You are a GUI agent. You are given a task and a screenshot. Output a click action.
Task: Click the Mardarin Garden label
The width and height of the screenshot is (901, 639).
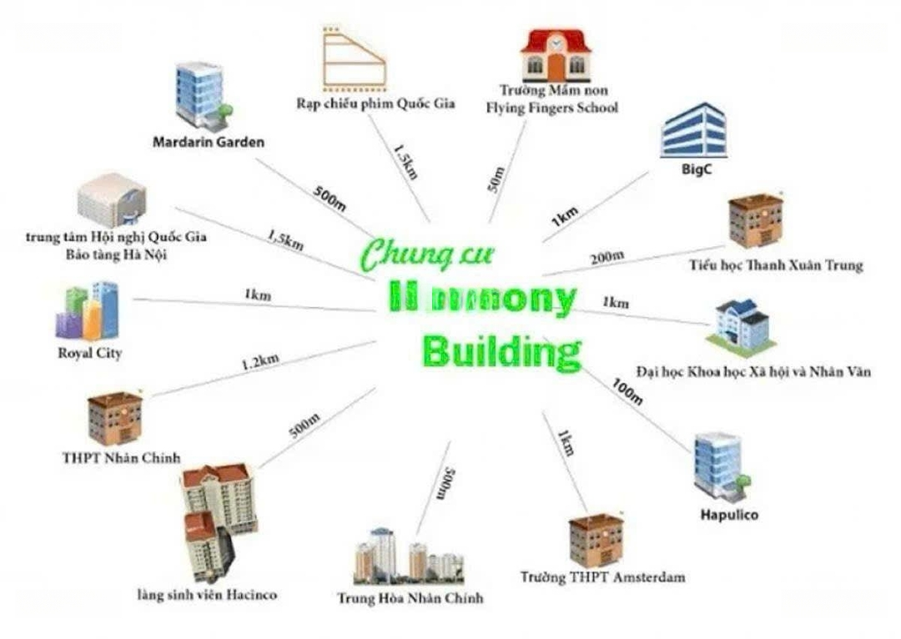pyautogui.click(x=209, y=142)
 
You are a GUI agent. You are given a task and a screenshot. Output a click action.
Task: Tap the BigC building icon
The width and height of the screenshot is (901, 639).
pyautogui.click(x=693, y=131)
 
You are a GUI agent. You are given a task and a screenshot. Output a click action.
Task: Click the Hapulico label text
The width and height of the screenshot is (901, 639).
pyautogui.click(x=728, y=515)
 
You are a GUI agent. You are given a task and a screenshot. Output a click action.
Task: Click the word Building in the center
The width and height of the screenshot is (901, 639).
pyautogui.click(x=501, y=351)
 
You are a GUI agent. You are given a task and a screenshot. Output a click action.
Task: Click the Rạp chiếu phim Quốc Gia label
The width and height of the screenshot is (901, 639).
pyautogui.click(x=375, y=103)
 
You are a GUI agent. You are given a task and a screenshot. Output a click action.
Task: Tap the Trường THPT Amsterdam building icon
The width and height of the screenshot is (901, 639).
pyautogui.click(x=596, y=540)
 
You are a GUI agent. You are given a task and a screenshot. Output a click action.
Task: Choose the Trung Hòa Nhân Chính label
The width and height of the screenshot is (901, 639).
pyautogui.click(x=410, y=598)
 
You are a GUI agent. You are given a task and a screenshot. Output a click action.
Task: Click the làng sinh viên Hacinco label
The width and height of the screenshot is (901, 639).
pyautogui.click(x=207, y=595)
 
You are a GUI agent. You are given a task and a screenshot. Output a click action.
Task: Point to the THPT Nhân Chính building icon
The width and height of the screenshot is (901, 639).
pyautogui.click(x=115, y=417)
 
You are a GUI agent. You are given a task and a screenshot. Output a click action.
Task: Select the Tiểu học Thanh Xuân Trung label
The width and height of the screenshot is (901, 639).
pyautogui.click(x=776, y=265)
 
